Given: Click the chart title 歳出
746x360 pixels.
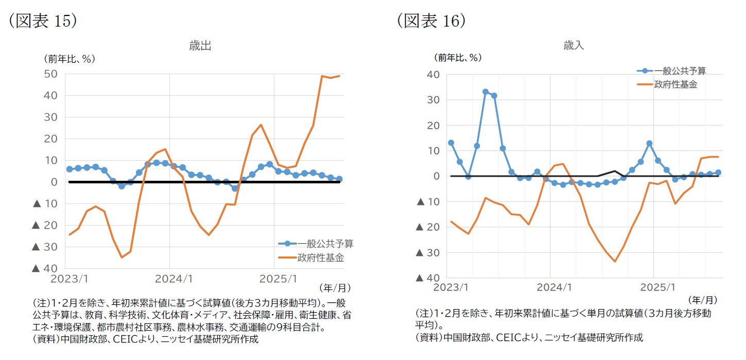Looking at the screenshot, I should [x=200, y=46].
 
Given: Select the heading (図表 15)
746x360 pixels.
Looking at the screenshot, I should [x=43, y=20].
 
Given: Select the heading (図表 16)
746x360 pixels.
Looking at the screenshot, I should [x=431, y=20].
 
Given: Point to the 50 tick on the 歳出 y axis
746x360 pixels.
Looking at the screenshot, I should [x=50, y=74].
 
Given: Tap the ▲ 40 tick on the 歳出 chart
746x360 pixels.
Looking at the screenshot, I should [x=44, y=268].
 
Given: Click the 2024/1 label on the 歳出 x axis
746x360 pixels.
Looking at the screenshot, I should [x=170, y=279].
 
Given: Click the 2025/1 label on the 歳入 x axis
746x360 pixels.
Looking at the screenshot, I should [x=656, y=287].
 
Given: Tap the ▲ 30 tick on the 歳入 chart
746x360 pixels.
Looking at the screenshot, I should [x=427, y=252].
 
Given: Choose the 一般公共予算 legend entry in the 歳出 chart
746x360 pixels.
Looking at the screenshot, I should [x=315, y=244].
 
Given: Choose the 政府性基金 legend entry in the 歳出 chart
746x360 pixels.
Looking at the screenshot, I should [x=315, y=257].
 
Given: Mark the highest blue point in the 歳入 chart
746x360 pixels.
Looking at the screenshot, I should [x=485, y=92].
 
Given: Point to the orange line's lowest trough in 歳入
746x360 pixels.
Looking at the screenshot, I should [x=615, y=261].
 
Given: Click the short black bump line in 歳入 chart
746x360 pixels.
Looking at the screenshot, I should [x=615, y=172].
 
